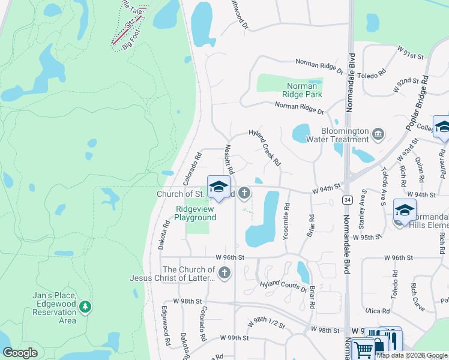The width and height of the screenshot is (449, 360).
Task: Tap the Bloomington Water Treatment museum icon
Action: tap(378, 133)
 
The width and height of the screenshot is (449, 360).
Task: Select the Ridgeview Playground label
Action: tap(195, 214)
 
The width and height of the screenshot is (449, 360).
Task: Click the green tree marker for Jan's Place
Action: tap(85, 307)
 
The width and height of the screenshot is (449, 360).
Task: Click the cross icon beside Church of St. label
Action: tap(244, 193)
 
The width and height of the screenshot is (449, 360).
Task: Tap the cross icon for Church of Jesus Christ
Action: tap(224, 274)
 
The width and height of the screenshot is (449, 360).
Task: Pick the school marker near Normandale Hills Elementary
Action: tap(405, 210)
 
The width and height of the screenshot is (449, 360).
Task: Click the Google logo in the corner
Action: tap(20, 353)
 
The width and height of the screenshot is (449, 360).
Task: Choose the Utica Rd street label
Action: tap(378, 311)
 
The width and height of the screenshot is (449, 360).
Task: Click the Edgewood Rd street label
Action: tap(166, 325)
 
